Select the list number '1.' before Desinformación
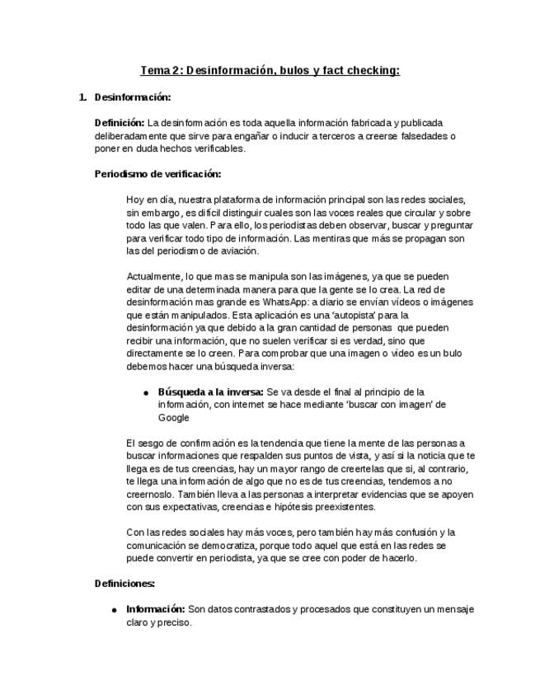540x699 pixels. coord(82,97)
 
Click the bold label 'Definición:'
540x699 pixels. coord(120,123)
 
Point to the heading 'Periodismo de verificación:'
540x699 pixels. coord(157,174)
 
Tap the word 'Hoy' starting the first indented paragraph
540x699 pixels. coord(136,199)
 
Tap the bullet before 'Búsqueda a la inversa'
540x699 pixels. coord(146,392)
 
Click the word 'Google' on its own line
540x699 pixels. coord(173,417)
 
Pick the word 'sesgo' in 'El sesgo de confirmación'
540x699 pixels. coord(152,443)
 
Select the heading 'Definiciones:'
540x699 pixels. coord(124,584)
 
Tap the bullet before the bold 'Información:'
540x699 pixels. coord(114,610)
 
